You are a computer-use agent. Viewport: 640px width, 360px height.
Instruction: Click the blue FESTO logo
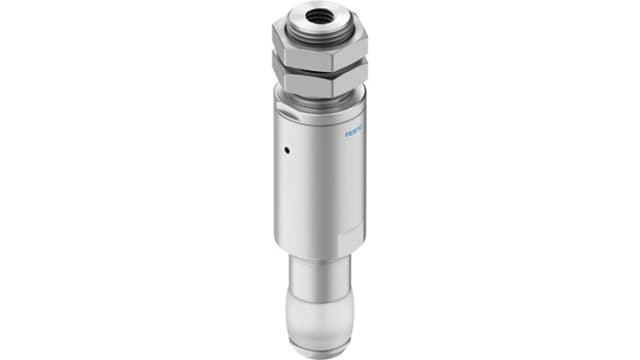coord(355,130)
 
